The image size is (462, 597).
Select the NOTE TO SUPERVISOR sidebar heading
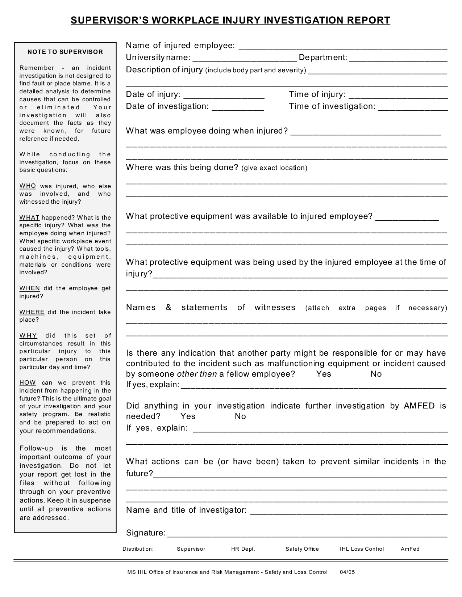coord(65,52)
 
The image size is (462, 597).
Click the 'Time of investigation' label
coord(332,106)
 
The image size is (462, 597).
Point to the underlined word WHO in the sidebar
coord(28,186)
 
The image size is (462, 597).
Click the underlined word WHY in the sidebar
coord(28,336)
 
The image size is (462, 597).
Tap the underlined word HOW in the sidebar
coord(28,383)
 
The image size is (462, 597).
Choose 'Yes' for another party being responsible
coord(324,374)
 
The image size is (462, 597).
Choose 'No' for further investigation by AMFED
coord(240,416)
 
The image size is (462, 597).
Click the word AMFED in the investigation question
coord(419,406)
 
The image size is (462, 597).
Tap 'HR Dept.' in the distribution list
coord(243,549)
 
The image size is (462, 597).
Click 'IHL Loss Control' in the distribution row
coord(362,549)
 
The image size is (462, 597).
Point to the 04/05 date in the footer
coord(347,572)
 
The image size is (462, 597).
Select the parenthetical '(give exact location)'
coord(274,168)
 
